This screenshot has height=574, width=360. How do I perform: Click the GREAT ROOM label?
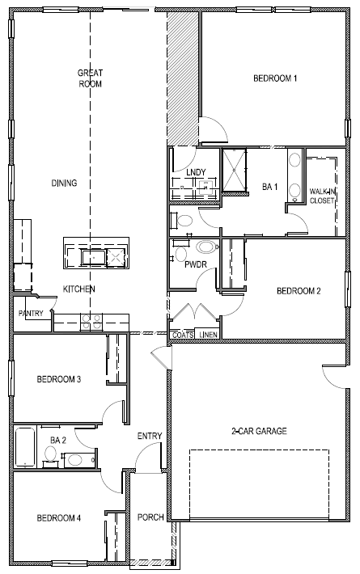point(89,78)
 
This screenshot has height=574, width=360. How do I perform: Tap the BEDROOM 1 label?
point(275,78)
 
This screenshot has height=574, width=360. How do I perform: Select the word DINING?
point(64,184)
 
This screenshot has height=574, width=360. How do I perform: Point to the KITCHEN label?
point(79,289)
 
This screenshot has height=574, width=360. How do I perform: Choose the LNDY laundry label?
point(195,172)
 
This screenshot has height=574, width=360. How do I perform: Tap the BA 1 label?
point(269,187)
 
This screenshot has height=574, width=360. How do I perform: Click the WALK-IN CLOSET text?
point(321,196)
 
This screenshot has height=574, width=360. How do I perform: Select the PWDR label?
point(195,264)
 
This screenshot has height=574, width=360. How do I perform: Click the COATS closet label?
point(183,335)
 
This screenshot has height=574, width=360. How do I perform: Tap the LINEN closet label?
point(208,335)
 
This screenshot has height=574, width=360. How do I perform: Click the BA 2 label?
point(57,440)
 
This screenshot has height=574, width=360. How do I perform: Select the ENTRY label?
point(150,437)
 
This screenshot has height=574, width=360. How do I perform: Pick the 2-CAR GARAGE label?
point(258,431)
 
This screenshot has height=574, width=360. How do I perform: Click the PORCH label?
point(150,517)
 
